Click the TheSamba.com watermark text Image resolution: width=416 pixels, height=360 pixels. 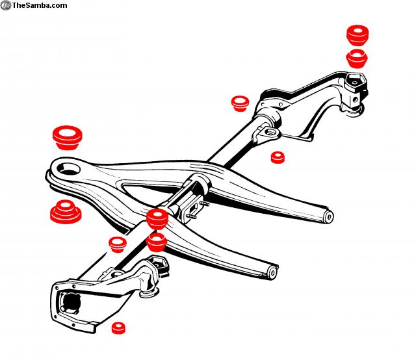(x=40, y=5)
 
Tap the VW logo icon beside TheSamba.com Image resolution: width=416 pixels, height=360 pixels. (x=6, y=5)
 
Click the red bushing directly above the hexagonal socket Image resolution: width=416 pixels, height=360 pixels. (x=357, y=58)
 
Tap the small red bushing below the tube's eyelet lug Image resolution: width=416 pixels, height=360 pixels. (x=279, y=157)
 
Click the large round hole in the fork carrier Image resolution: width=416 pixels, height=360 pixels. (x=68, y=170)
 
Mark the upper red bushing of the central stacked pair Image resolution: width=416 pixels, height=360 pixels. (x=157, y=219)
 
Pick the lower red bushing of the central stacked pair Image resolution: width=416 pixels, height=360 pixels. (x=157, y=243)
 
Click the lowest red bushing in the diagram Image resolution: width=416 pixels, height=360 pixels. (x=118, y=328)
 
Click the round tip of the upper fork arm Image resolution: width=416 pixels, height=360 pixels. (x=328, y=216)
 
